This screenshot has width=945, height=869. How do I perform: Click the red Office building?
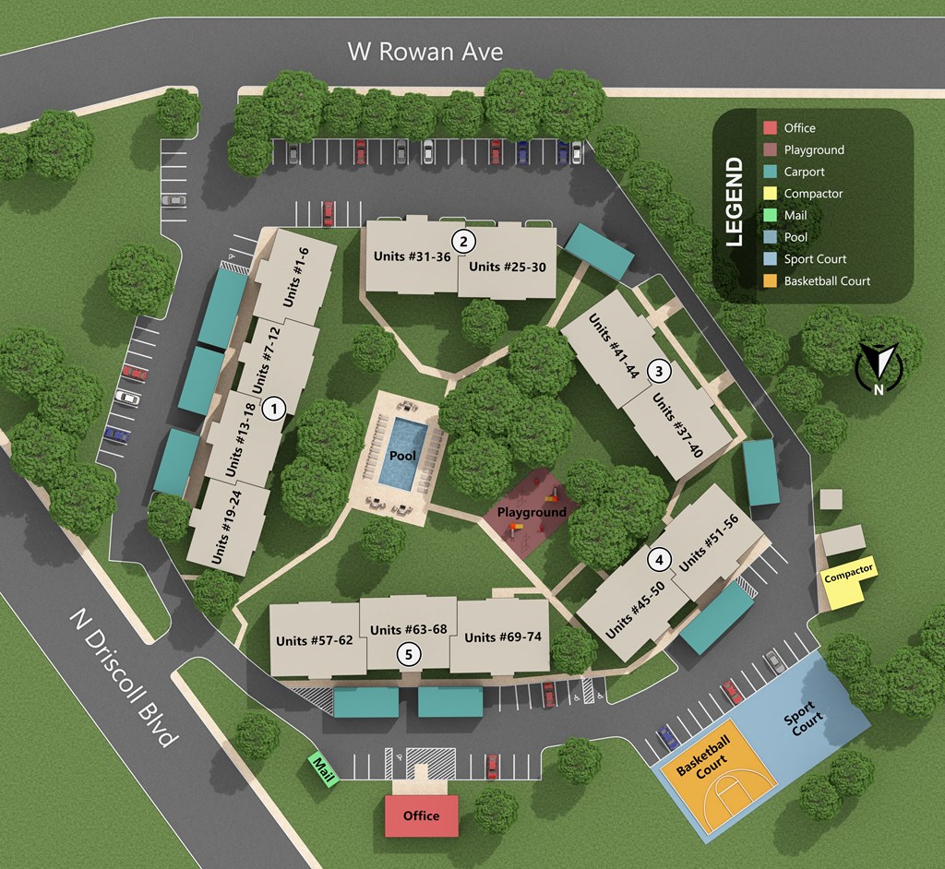click(x=422, y=815)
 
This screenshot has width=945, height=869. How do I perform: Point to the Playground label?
click(x=532, y=512)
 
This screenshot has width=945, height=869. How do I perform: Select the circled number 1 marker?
click(x=273, y=408)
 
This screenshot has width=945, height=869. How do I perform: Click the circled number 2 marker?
click(x=464, y=242)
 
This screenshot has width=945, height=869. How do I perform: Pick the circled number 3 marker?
click(x=659, y=371)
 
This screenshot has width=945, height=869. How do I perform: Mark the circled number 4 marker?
click(x=658, y=559)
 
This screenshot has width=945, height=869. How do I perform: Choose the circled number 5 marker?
click(x=409, y=654)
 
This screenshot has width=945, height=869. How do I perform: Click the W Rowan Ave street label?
click(x=425, y=50)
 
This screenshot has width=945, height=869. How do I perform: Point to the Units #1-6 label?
click(x=295, y=278)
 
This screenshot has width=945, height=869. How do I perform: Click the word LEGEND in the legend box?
click(x=735, y=201)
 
